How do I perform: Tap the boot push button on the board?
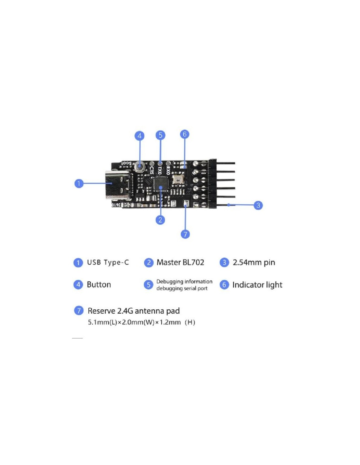[x=140, y=167]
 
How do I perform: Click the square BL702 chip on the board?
[x=161, y=184]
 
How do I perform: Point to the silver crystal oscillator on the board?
[x=178, y=179]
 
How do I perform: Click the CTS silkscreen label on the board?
[x=152, y=170]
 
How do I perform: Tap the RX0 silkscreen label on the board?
[x=168, y=170]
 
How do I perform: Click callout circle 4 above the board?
[x=140, y=136]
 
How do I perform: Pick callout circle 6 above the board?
[x=185, y=134]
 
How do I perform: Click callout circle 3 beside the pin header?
[x=258, y=205]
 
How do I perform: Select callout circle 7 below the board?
[x=185, y=234]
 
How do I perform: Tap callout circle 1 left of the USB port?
[x=79, y=183]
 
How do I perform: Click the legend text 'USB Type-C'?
[x=108, y=263]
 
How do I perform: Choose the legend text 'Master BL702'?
[x=180, y=263]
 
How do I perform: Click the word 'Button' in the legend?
[x=99, y=285]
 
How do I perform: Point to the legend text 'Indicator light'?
[x=257, y=285]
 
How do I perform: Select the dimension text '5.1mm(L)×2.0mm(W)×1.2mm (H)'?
[x=141, y=322]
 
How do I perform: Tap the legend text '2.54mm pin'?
[x=254, y=263]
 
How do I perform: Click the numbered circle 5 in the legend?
[x=149, y=285]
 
